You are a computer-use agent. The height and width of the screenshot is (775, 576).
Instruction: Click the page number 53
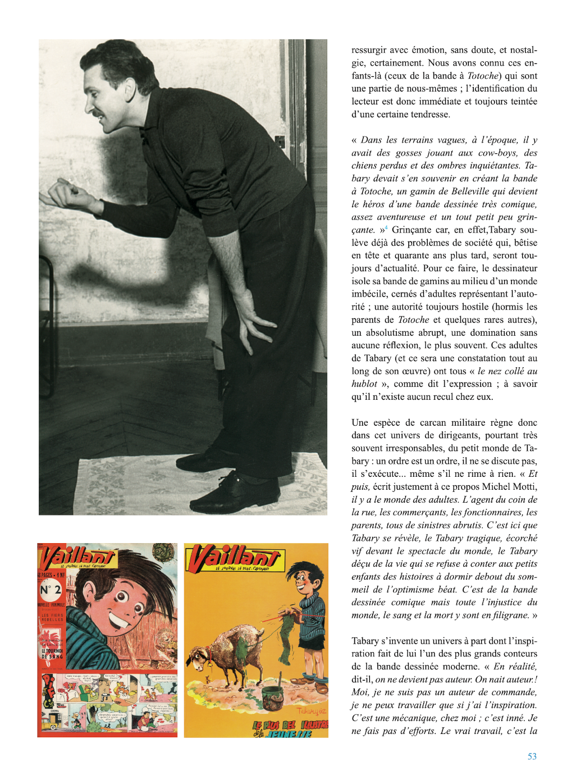click(x=532, y=756)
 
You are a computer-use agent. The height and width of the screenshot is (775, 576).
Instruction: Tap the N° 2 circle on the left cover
click(x=50, y=590)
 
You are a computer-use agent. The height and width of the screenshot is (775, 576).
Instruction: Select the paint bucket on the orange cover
click(x=273, y=698)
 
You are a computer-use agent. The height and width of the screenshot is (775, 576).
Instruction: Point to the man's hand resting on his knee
click(x=256, y=321)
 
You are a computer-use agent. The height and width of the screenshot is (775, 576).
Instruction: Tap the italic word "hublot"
click(x=364, y=384)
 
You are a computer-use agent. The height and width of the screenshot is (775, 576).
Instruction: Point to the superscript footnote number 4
click(x=386, y=227)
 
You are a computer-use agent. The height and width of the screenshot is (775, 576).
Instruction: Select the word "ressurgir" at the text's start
click(x=371, y=51)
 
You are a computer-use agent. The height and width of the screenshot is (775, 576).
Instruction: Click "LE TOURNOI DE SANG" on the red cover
click(x=52, y=653)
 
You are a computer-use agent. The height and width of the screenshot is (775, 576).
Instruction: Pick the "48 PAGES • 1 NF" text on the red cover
click(x=52, y=575)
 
